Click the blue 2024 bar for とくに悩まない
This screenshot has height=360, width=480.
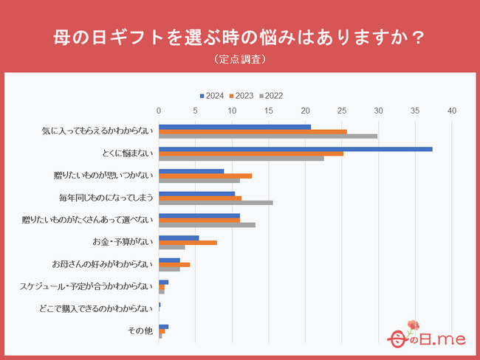coord(295,149)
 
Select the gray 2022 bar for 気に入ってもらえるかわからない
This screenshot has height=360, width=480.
coord(267,136)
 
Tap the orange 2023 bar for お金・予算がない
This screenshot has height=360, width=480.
coord(188,242)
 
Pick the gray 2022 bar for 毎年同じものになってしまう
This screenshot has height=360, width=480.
coord(216,202)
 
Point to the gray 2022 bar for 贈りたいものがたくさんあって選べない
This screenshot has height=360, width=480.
coord(207,224)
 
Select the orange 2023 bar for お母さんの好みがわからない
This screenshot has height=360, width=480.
coord(174,264)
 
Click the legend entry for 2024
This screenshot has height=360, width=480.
coord(212,95)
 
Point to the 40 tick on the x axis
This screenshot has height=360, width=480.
coord(452,111)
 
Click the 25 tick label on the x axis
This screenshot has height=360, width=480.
coord(342,111)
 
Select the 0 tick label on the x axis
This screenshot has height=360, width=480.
coord(159,111)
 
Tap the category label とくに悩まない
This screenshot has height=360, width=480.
coord(127,153)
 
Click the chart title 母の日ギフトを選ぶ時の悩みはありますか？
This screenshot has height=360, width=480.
coord(240,36)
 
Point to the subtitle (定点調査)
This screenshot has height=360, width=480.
coord(240,58)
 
